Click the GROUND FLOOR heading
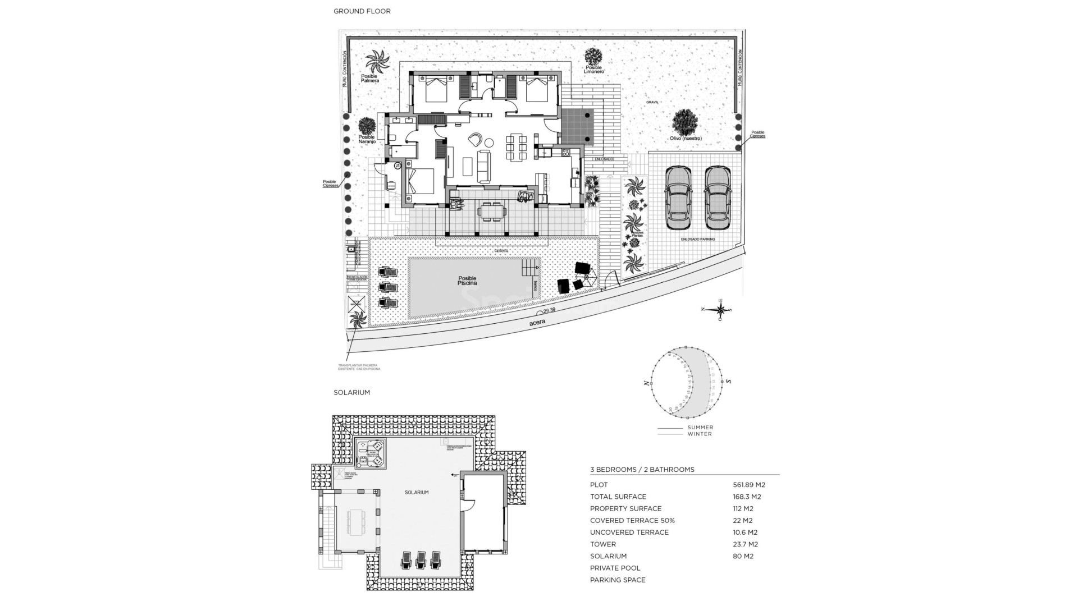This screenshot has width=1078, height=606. [362, 11]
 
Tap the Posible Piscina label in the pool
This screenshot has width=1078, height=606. [467, 281]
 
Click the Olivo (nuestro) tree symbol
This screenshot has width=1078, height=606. [685, 122]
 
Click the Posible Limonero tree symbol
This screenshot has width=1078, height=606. [593, 57]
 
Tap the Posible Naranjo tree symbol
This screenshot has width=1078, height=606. [367, 126]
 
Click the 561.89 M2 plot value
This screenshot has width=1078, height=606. [748, 485]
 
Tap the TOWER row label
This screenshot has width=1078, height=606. [602, 544]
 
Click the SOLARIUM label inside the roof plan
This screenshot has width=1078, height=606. [416, 492]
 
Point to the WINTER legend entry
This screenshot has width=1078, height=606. [700, 434]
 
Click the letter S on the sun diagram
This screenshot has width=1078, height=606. [729, 381]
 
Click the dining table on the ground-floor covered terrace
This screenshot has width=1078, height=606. [492, 212]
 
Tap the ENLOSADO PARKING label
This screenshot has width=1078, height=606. [698, 239]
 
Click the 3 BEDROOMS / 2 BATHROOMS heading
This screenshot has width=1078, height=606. [642, 470]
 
